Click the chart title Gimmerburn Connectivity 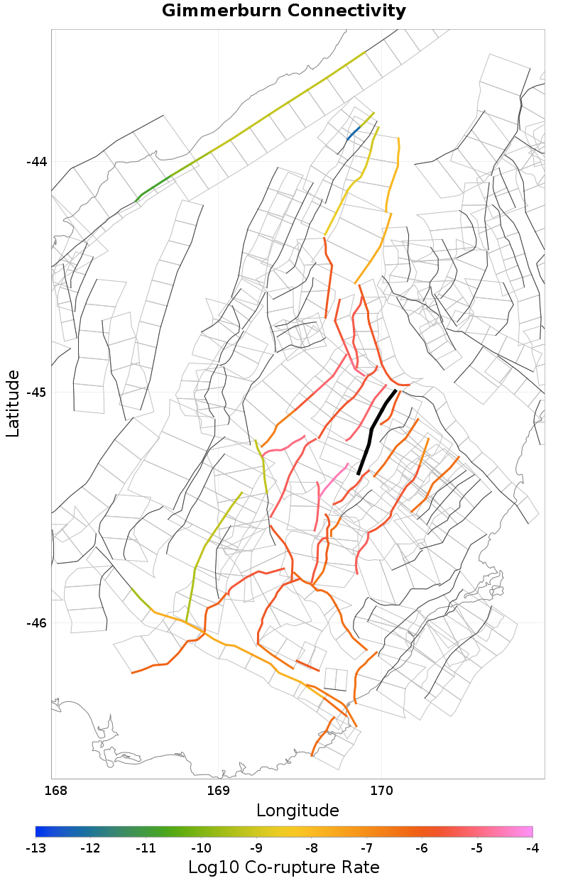284,11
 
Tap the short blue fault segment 353,133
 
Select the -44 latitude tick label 36,162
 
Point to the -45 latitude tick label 36,393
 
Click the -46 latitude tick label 36,623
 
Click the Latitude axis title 13,403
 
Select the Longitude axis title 297,811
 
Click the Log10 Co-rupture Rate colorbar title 284,867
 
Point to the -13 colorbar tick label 35,848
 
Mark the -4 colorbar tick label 532,848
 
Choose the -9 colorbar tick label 256,848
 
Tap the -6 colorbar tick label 422,848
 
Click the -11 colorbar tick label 146,848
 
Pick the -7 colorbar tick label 366,848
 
